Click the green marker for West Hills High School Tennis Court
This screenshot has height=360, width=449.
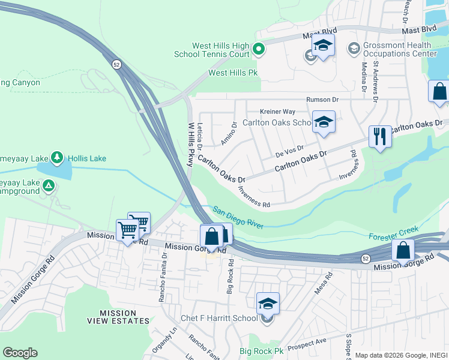pos(259,49)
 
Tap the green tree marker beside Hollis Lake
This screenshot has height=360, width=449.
pos(58,158)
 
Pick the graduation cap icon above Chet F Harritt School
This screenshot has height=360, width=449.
pos(268,302)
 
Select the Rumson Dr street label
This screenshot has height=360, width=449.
pos(322,100)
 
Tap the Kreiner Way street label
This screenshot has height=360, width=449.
pos(277,112)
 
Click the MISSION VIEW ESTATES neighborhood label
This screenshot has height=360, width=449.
pos(124,317)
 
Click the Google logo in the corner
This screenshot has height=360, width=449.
pos(20,352)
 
